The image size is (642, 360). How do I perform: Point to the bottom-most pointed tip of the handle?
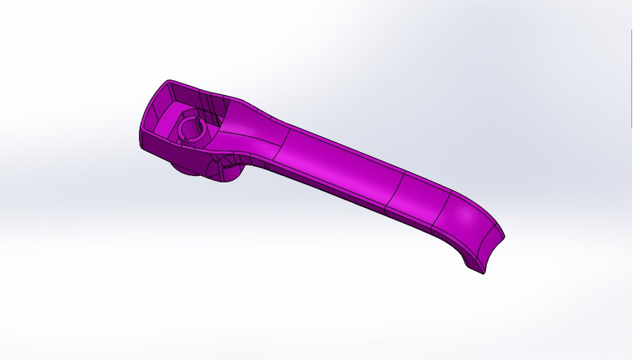[483, 273]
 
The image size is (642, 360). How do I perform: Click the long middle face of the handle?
[341, 164]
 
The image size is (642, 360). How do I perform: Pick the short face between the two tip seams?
[418, 201]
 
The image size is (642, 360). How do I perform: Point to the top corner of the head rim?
[167, 81]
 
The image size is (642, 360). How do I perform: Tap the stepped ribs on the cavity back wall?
[214, 107]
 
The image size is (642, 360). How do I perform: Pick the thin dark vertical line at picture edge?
[631, 80]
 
